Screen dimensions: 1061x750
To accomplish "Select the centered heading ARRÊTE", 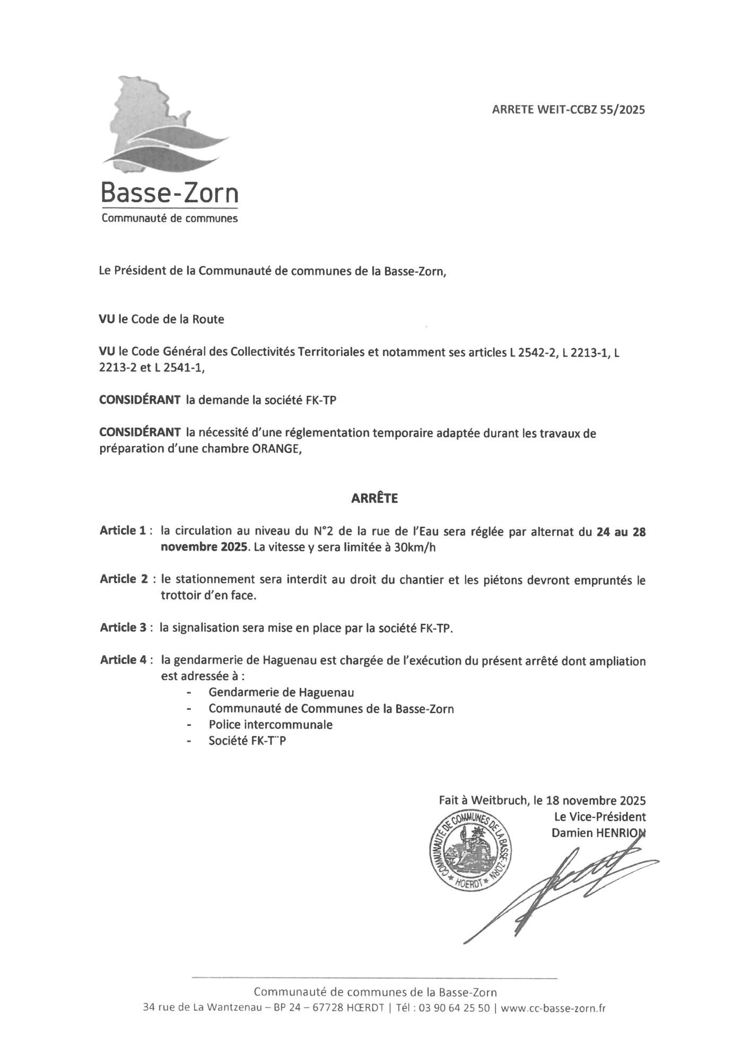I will point(374,499).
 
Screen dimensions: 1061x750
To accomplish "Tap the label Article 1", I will point(123,531).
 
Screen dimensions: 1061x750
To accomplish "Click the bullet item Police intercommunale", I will point(271,725).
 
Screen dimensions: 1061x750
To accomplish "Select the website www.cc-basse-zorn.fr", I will point(553,1008).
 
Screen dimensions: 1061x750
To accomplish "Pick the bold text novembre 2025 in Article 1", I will point(205,548).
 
